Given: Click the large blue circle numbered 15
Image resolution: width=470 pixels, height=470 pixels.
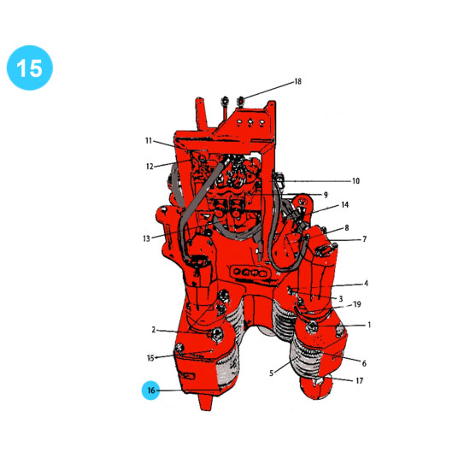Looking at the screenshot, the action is coord(30,68).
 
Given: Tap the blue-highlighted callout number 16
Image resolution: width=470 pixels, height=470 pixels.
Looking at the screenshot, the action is coord(151,390).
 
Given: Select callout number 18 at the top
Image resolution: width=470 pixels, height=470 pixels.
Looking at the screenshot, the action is coord(297,81).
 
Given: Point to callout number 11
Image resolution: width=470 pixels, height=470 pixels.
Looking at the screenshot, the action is coord(149,141).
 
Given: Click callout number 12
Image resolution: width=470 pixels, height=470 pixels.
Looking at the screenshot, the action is coord(150,167).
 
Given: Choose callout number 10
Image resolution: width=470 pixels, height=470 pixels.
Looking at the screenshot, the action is coord(355,181).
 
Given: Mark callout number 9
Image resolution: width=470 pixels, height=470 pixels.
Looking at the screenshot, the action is coord(326,195).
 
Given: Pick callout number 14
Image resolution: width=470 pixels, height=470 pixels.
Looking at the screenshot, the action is coord(345,205).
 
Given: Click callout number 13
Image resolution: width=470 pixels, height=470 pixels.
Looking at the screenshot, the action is coord(146,238).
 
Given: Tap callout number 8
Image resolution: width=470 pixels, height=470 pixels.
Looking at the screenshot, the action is coord(347,228).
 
